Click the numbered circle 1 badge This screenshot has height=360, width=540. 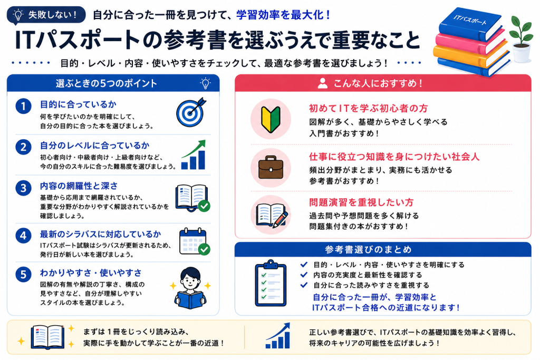point(23,106)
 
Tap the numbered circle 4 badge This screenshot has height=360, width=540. point(23,236)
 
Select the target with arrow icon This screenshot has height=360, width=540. point(191,112)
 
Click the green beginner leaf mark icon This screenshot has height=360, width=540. point(271,120)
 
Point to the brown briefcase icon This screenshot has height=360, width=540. point(271,168)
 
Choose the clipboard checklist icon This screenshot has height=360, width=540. point(271,283)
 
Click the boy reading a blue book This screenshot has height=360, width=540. point(190,288)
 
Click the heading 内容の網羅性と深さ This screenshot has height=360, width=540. point(79,186)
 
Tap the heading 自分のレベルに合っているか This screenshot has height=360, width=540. point(95,145)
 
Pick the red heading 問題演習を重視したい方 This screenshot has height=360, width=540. point(361,202)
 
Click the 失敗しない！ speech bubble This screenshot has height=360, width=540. point(46,15)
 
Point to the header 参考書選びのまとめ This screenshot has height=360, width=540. point(368,249)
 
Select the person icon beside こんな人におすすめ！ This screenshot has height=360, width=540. point(322,83)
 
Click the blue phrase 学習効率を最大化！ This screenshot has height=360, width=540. point(283,15)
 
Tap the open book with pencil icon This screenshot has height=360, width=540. point(272,215)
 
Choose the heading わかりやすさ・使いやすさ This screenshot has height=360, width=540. point(91,273)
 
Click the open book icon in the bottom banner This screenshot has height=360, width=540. point(47,337)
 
